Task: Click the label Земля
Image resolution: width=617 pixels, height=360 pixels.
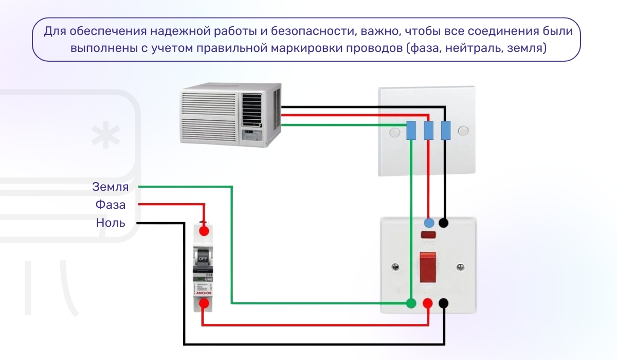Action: [110, 186]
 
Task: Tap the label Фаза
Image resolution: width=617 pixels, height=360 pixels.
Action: [110, 205]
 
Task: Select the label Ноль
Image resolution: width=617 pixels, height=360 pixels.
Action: [110, 223]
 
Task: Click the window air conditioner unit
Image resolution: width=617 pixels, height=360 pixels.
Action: [231, 115]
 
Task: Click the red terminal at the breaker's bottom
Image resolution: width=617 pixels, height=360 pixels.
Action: [204, 303]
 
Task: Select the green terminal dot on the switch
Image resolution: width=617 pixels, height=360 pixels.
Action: [411, 303]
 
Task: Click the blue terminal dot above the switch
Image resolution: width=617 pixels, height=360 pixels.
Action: [428, 223]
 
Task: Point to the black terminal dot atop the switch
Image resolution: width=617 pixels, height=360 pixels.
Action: [443, 223]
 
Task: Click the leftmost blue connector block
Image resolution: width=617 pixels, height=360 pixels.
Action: [411, 131]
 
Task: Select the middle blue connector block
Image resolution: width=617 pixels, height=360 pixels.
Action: [428, 131]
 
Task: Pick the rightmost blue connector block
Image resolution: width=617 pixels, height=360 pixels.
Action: [446, 131]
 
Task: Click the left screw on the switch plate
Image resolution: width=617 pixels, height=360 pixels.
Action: [395, 267]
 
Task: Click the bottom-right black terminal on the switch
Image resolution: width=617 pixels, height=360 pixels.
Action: [443, 303]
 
